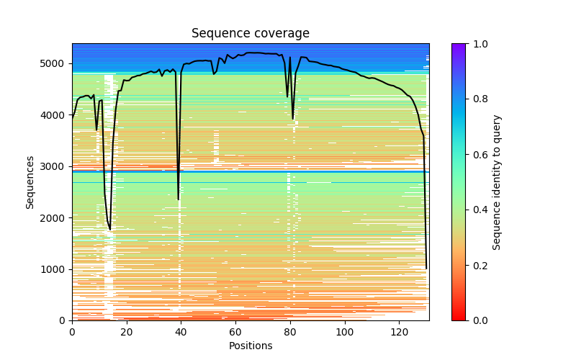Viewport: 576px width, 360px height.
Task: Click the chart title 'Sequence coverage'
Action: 250,34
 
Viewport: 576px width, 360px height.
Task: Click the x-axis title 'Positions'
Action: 250,346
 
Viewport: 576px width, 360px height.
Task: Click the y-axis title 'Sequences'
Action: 30,181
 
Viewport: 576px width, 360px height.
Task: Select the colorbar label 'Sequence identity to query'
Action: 497,182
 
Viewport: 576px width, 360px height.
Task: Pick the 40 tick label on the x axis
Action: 181,331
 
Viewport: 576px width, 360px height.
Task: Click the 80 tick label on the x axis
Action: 290,331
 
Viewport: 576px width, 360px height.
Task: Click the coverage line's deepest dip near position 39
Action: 179,199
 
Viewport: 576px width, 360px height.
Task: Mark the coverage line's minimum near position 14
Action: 110,229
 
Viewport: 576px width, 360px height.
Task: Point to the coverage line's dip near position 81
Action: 293,118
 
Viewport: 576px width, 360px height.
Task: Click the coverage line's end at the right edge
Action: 426,268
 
